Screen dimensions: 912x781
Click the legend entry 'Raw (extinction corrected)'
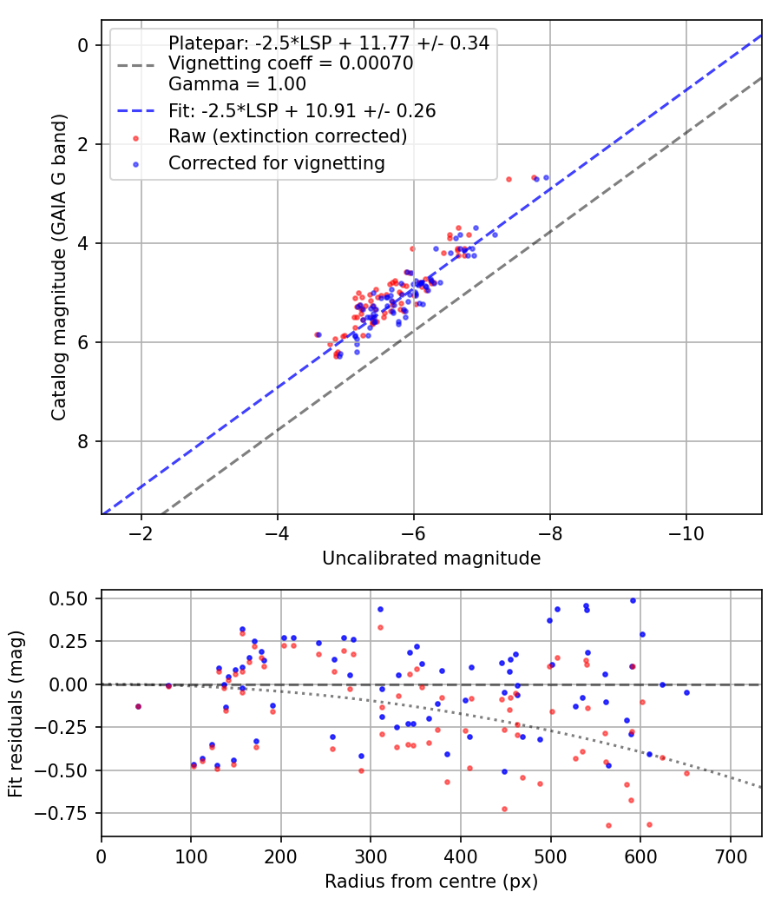287,136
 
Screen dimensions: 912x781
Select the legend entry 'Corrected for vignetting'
276,162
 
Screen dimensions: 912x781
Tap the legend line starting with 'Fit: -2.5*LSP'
301,111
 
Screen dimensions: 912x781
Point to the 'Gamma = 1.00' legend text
237,85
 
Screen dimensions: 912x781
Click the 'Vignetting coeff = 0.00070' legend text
290,64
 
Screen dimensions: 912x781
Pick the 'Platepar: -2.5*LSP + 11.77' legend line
328,43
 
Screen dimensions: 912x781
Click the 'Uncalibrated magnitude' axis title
431,558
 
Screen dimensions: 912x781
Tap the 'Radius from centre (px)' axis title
431,882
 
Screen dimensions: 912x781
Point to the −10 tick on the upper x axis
686,532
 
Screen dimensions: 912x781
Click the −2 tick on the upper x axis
141,532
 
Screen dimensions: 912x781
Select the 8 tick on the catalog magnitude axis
83,441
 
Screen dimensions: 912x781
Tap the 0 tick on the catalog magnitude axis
83,45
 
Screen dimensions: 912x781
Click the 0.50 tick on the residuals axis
73,598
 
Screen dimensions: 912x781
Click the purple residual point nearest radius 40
138,707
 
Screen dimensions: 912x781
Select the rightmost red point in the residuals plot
686,773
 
